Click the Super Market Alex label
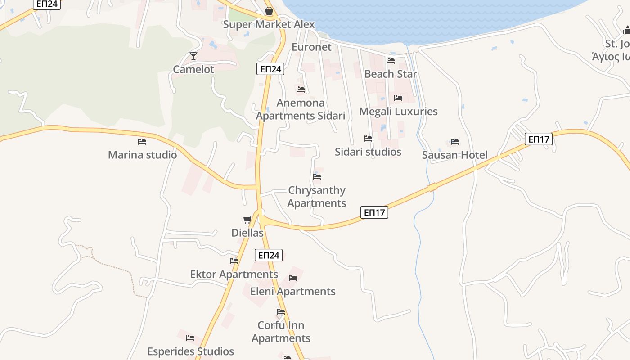269,24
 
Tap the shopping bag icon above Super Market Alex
269,11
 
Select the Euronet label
311,47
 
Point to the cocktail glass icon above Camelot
193,56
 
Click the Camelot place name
193,70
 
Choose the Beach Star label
391,74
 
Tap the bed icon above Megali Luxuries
398,98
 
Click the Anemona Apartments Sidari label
301,109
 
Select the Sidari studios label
368,152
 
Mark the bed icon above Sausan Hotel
455,142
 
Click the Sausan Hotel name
454,155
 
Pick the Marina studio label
142,155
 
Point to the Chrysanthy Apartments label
317,197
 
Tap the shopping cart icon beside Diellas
247,220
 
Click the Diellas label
247,233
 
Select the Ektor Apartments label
234,274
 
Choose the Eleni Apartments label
293,291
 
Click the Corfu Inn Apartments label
281,332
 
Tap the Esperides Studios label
191,351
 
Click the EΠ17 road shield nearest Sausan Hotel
539,139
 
